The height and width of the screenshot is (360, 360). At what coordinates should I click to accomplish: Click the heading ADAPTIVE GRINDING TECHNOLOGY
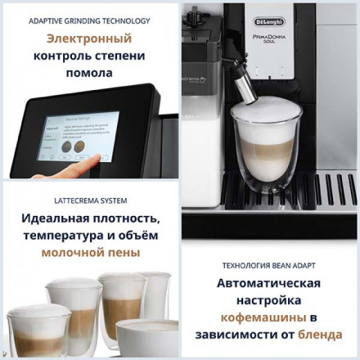90,20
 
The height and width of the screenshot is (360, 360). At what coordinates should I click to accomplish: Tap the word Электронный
90,38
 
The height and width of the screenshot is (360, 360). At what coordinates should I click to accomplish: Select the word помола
90,74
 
